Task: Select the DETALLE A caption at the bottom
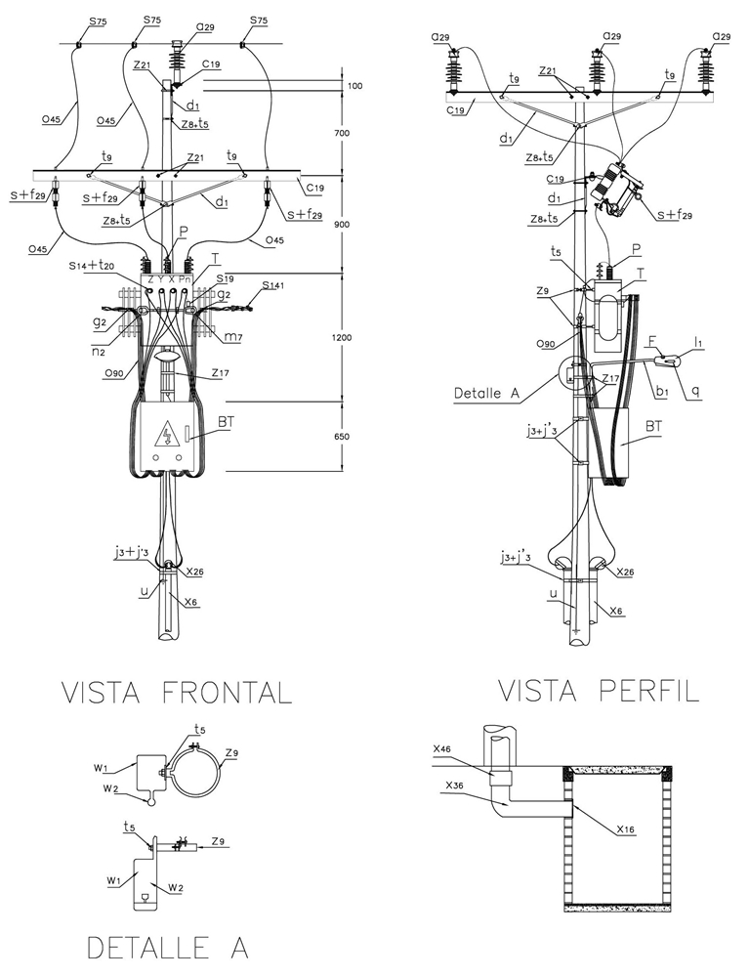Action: [168, 947]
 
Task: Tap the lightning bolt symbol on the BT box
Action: [168, 430]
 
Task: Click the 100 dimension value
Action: [354, 87]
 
